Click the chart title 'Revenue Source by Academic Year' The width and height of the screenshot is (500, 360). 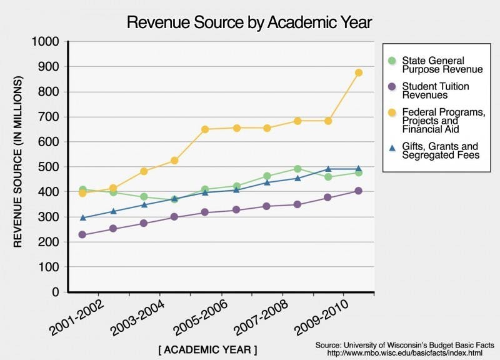point(249,22)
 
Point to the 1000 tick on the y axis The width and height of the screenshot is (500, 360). point(46,42)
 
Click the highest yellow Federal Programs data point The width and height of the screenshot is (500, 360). point(359,72)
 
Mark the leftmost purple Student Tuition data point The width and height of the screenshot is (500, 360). point(82,235)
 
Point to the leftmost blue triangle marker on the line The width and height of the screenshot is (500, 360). point(82,217)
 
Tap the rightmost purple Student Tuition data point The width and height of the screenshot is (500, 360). point(359,191)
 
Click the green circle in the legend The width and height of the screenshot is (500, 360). point(392,61)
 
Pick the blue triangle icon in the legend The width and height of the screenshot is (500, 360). point(392,147)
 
